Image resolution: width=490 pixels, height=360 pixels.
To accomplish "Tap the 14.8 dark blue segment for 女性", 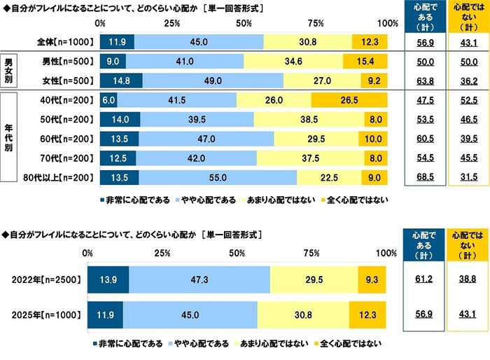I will (121, 80).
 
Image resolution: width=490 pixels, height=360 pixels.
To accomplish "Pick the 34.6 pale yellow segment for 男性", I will (293, 62).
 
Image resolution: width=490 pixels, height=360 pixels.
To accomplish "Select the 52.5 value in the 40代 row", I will (467, 100).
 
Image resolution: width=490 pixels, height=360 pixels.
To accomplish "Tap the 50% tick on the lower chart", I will (237, 253).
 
